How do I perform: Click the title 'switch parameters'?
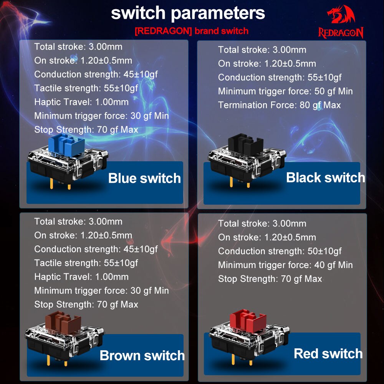[188, 13]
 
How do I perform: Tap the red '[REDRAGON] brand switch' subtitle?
[191, 31]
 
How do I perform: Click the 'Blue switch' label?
[144, 178]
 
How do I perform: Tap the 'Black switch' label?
[325, 177]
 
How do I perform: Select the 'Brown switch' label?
[142, 355]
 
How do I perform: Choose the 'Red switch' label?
[328, 354]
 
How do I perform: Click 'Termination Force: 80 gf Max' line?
[279, 105]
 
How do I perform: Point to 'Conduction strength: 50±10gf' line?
[280, 251]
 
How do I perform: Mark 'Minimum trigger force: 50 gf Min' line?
[285, 91]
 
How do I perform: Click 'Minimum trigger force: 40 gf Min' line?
[285, 265]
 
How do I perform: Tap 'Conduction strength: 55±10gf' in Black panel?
[280, 78]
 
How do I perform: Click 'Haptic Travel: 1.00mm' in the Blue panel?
[81, 102]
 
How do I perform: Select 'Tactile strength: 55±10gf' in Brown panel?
[86, 263]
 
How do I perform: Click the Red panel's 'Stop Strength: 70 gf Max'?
[270, 279]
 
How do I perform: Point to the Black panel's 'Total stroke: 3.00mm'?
[262, 50]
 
